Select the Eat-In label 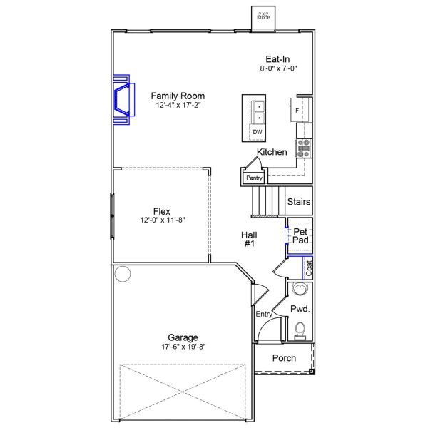(277, 59)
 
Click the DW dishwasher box (258, 132)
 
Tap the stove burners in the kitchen (304, 147)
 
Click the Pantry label (254, 178)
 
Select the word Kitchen (272, 152)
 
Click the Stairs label (298, 202)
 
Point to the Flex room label (161, 210)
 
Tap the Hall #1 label (250, 239)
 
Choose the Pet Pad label (300, 236)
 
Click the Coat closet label (309, 267)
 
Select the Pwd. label (300, 309)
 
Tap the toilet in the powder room (300, 329)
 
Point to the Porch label (285, 358)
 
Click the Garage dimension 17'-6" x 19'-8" (183, 347)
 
